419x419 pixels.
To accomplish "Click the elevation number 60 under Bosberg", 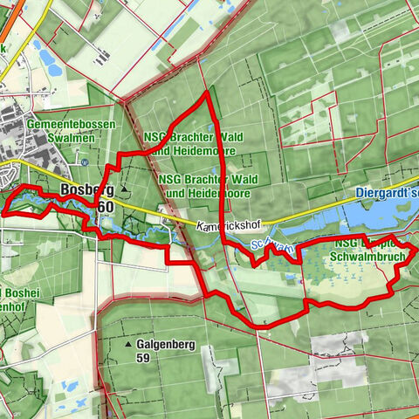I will pos(106,206).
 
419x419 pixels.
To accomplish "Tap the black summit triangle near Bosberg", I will pos(125,189).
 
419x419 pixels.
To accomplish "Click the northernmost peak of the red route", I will pos(207,92).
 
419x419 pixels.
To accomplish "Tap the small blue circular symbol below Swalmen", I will pos(84,161).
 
